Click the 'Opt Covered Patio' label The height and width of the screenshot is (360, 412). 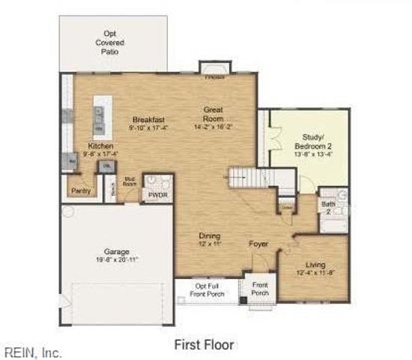tap(109, 43)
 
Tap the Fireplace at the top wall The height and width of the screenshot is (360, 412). tap(213, 69)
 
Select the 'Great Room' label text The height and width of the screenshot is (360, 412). tap(213, 114)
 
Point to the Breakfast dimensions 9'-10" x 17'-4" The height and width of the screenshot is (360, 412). tap(149, 128)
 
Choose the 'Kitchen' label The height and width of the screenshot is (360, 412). tap(100, 145)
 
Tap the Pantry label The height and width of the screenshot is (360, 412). tap(82, 190)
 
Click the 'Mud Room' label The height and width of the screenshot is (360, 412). tap(128, 181)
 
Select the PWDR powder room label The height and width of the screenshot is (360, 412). tap(157, 195)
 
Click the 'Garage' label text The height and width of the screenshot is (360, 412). tap(117, 250)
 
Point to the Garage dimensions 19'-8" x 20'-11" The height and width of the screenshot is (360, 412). tap(117, 259)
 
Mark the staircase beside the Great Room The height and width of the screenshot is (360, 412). tap(246, 178)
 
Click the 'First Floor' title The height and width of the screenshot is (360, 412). tap(204, 345)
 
